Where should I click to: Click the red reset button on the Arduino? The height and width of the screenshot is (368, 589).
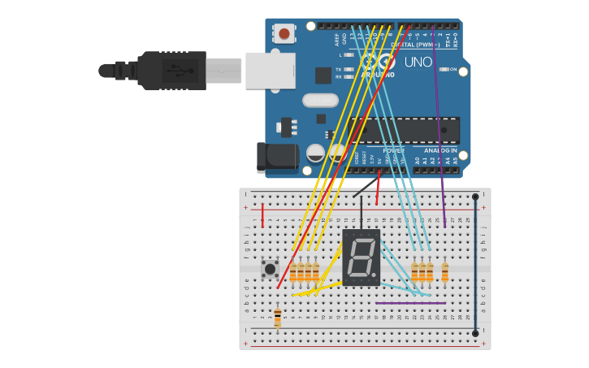[284, 33]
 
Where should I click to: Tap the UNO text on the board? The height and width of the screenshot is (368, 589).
[418, 62]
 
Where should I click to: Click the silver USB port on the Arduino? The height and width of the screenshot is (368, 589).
[270, 70]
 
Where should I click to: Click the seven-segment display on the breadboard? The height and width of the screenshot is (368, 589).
[362, 258]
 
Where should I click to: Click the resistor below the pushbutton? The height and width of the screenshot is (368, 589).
[277, 316]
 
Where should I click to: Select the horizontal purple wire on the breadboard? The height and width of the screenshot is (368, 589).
[410, 303]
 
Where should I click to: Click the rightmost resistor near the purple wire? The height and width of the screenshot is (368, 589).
[444, 272]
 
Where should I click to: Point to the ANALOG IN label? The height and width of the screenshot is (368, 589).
[440, 150]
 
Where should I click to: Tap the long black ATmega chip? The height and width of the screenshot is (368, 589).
[405, 130]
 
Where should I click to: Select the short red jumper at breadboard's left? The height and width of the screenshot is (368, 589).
[262, 215]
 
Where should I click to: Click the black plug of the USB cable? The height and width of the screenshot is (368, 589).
[171, 70]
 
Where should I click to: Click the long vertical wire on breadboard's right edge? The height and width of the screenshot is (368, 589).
[475, 264]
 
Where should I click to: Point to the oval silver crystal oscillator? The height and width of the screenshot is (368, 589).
[320, 101]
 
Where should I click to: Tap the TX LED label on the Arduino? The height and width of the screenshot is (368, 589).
[339, 69]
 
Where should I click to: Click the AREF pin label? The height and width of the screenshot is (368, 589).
[336, 38]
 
